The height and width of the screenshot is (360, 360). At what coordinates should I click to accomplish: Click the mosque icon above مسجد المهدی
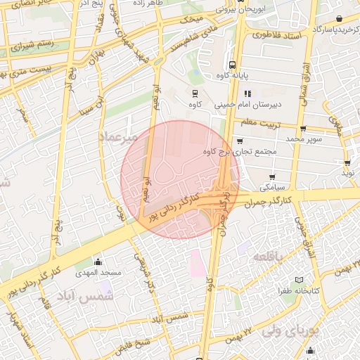tap(98, 262)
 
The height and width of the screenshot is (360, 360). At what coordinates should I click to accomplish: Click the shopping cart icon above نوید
tap(347, 162)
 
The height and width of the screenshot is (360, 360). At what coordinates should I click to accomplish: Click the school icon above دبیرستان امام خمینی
tap(247, 94)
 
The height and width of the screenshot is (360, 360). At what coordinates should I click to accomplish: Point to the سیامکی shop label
tap(272, 188)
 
